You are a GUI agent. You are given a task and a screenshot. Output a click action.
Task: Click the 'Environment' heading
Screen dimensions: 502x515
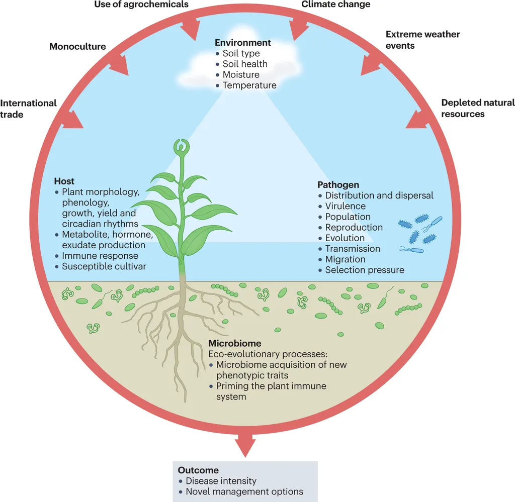click(242, 43)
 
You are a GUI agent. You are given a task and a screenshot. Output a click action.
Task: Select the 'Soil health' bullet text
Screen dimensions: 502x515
click(245, 64)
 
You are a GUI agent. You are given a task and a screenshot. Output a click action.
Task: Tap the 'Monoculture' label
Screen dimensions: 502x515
click(77, 47)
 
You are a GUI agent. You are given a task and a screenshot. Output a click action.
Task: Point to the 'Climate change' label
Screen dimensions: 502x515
click(335, 5)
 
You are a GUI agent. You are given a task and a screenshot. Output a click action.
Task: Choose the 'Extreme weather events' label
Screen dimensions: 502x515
click(422, 40)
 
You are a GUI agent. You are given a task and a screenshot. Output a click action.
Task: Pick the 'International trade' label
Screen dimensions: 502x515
click(28, 109)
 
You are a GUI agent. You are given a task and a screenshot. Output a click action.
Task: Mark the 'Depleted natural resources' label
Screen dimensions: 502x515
click(478, 108)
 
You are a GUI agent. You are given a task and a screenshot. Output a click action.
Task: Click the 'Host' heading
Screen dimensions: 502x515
click(64, 181)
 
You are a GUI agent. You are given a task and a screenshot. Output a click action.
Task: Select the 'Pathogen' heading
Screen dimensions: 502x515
click(338, 185)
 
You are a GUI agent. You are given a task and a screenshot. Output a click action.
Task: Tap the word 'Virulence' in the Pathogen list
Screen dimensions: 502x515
click(345, 206)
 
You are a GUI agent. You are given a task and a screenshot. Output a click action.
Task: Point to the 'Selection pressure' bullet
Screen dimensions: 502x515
click(364, 270)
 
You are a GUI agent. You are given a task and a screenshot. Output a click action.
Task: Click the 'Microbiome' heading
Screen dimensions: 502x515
click(235, 343)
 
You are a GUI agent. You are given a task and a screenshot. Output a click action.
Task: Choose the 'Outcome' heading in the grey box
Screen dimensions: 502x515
click(198, 470)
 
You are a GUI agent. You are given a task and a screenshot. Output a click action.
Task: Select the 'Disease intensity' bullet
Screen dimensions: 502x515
click(221, 481)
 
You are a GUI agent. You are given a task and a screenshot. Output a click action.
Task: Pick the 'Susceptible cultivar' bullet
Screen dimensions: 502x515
click(104, 266)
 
